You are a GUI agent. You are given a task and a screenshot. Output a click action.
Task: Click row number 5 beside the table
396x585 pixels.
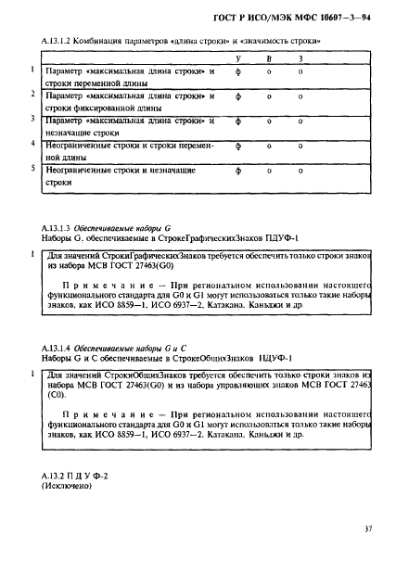(32, 169)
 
